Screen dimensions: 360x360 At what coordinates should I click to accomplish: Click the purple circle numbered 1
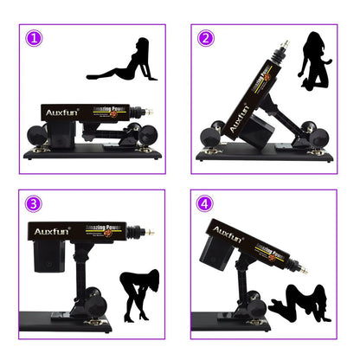[x=34, y=39]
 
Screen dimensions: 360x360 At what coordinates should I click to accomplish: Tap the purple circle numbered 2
[x=205, y=38]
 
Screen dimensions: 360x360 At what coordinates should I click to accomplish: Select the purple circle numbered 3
[x=34, y=204]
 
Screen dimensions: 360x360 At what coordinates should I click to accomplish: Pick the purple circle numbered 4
[x=204, y=204]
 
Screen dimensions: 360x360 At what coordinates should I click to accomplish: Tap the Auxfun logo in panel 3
[x=54, y=232]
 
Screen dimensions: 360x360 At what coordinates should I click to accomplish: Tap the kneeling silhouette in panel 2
[x=315, y=64]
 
